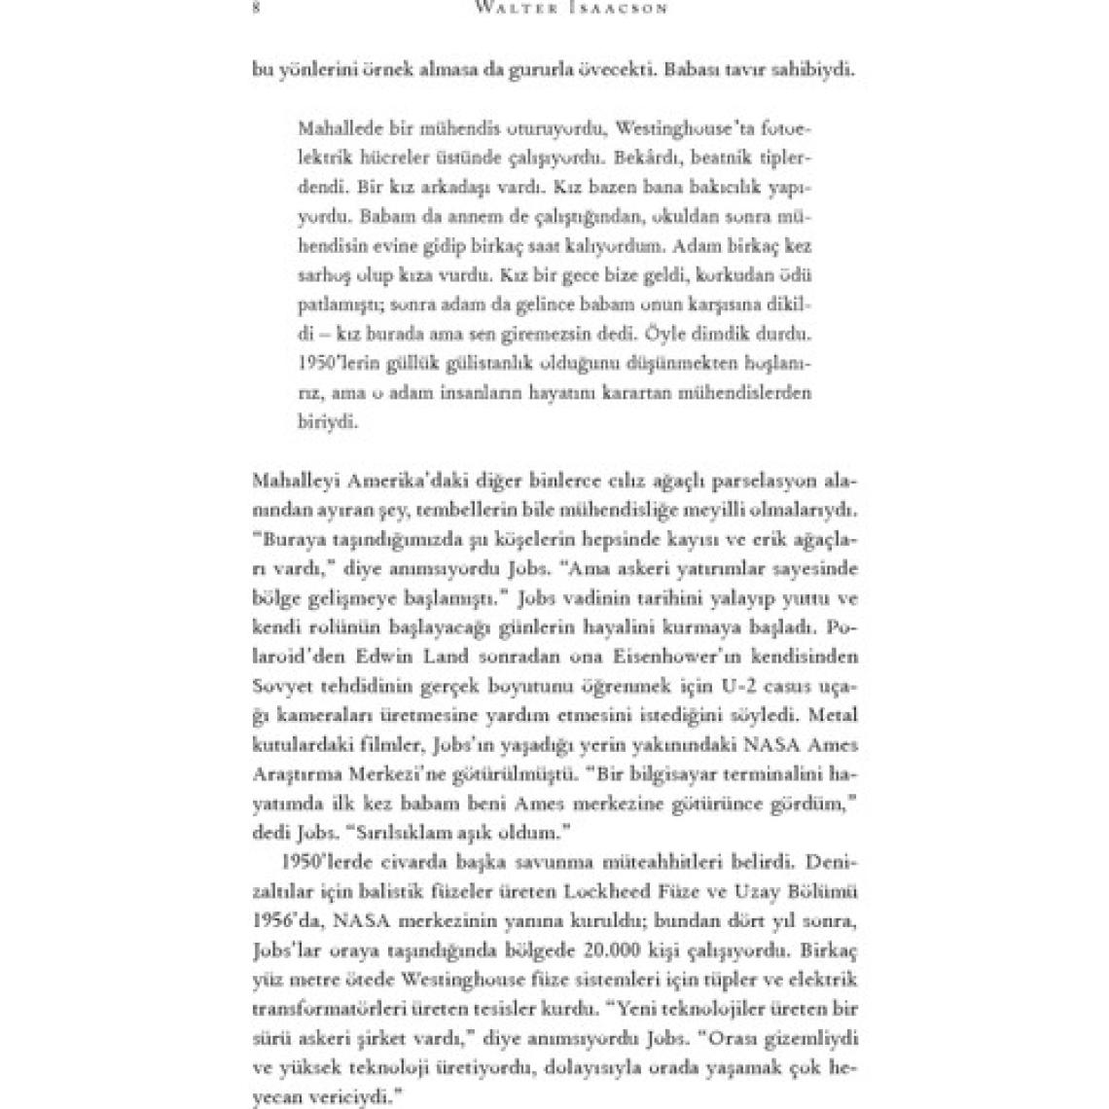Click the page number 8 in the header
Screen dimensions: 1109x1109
pos(255,9)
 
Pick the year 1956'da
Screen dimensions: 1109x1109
pos(285,917)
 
